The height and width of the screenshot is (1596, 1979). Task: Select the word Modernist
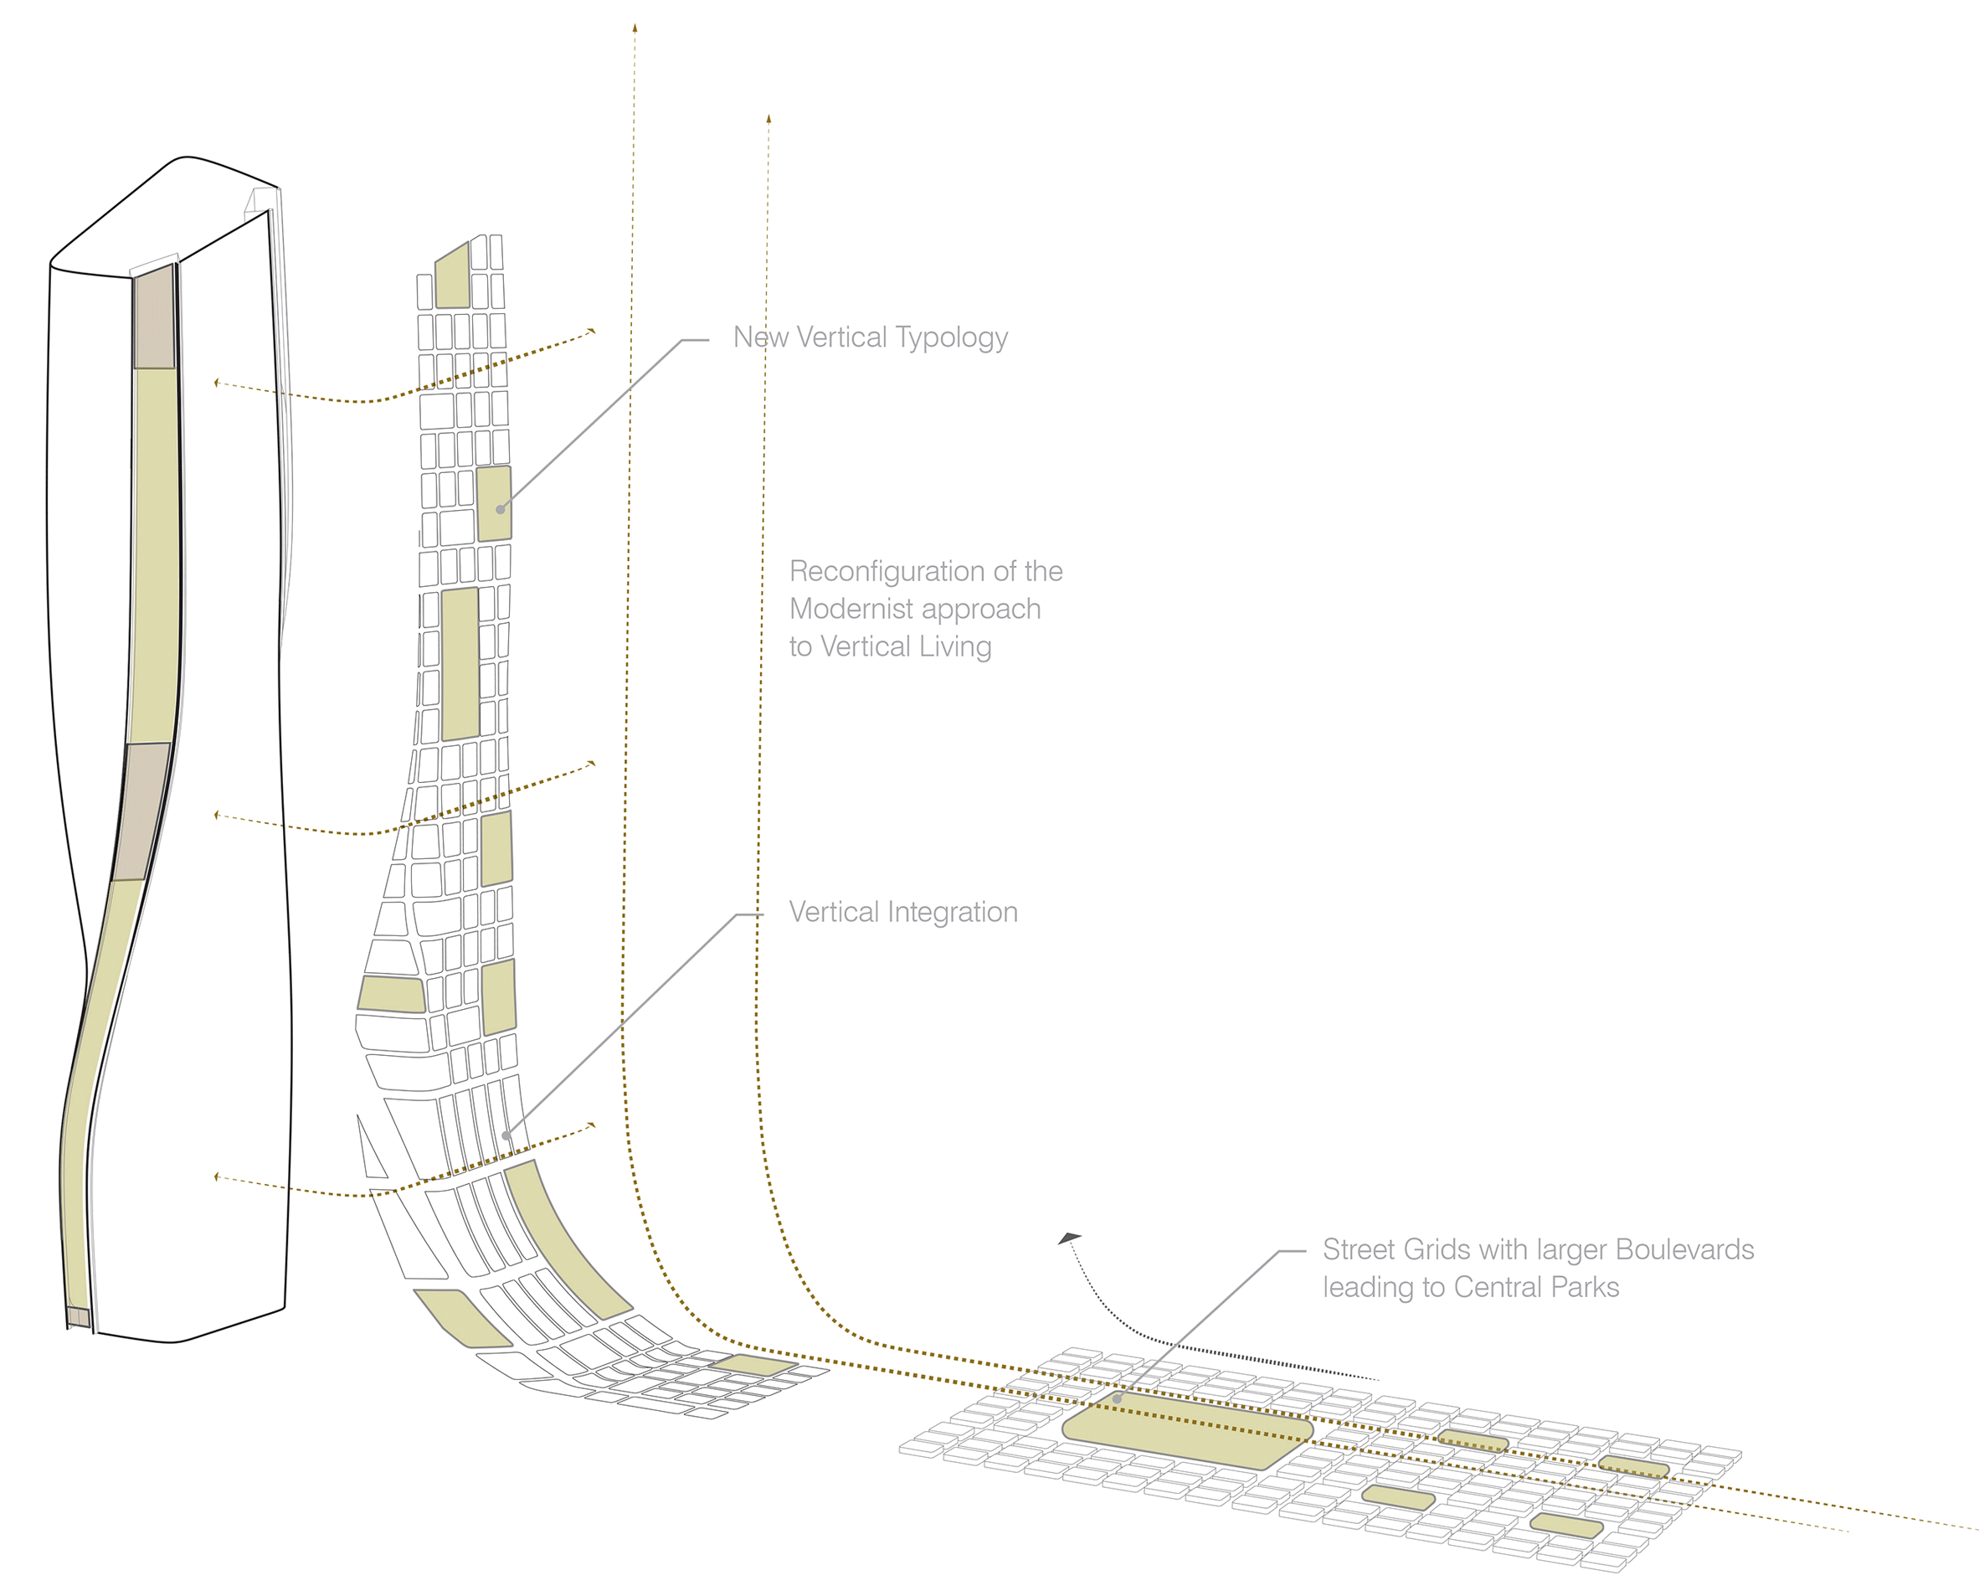tap(851, 609)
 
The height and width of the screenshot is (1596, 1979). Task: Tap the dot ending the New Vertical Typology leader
tap(500, 509)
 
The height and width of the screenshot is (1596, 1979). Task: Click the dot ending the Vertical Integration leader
tap(506, 1135)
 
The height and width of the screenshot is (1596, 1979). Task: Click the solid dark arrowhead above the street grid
tap(1070, 1238)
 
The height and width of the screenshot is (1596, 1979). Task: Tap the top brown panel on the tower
tap(154, 319)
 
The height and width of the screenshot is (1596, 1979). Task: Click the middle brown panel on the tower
tap(142, 811)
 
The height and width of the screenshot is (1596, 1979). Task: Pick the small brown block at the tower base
tap(79, 1317)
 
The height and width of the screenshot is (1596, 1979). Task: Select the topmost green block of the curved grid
tap(452, 275)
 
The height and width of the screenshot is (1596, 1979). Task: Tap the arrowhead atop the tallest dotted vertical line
tap(635, 28)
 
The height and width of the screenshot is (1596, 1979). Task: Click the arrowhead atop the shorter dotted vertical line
tap(768, 119)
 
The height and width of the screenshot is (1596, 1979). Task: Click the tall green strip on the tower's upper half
tap(156, 552)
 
